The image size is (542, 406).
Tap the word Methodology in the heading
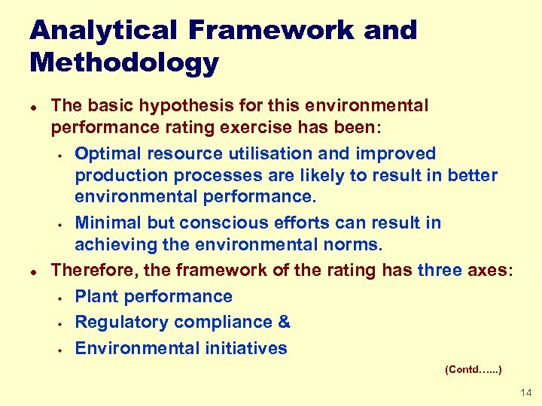click(x=124, y=62)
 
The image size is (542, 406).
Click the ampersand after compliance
click(x=284, y=323)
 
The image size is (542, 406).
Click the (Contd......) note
click(x=473, y=370)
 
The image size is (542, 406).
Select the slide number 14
click(x=525, y=393)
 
